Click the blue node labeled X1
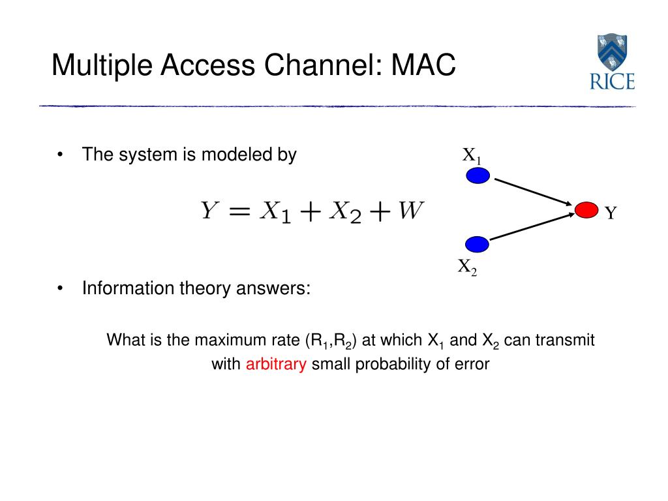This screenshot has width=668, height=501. pyautogui.click(x=478, y=175)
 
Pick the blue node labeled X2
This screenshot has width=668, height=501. pyautogui.click(x=478, y=245)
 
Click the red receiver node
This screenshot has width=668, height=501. pyautogui.click(x=586, y=209)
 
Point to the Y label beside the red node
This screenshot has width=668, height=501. pyautogui.click(x=610, y=213)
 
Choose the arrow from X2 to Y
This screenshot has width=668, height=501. pyautogui.click(x=532, y=228)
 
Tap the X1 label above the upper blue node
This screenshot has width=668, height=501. pyautogui.click(x=472, y=156)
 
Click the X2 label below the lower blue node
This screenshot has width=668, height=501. pyautogui.click(x=467, y=267)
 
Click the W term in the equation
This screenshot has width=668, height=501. pyautogui.click(x=411, y=211)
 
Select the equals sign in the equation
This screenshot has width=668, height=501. pyautogui.click(x=238, y=211)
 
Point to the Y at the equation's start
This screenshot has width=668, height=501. pyautogui.click(x=209, y=211)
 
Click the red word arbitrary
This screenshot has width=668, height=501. pyautogui.click(x=276, y=364)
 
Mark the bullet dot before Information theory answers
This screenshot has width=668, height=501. pyautogui.click(x=60, y=288)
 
